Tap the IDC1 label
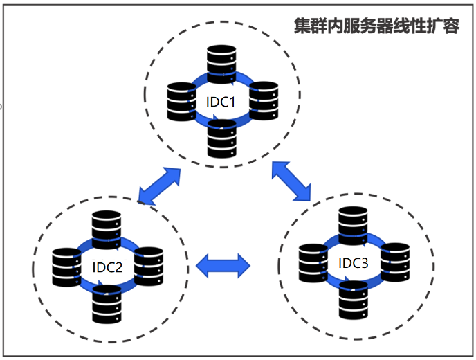(221, 102)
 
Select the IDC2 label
(107, 267)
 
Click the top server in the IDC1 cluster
(222, 62)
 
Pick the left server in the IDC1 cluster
(181, 100)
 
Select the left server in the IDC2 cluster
(67, 265)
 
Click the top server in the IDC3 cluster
(352, 224)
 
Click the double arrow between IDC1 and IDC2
(159, 185)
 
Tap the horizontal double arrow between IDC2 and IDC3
(223, 264)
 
